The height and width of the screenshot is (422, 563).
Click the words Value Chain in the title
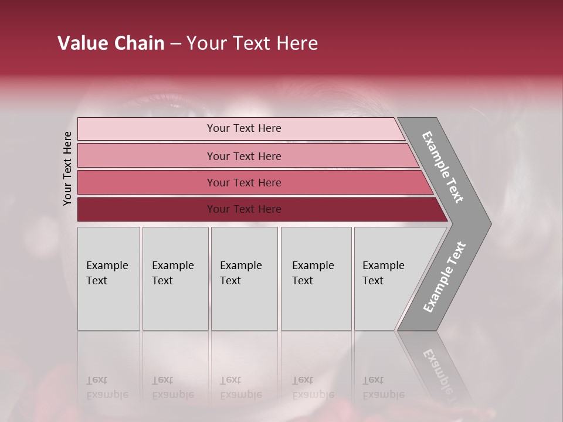coord(111,43)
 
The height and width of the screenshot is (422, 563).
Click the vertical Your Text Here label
coord(67,168)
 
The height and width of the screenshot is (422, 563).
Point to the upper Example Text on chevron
coord(443,167)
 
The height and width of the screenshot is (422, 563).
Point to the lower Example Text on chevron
coord(444,277)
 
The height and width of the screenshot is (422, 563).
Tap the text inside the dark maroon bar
coord(244,209)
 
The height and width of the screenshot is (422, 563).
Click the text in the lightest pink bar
coord(244,128)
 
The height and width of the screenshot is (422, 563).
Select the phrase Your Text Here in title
coord(252,43)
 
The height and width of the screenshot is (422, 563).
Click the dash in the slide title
coord(175,44)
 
